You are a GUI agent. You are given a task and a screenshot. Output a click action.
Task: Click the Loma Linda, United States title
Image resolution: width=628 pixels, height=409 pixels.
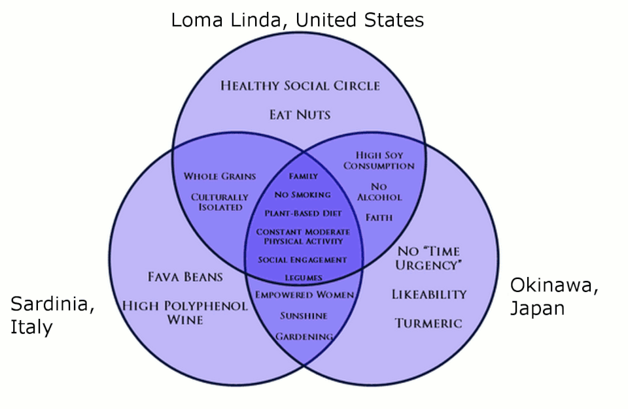pos(297,20)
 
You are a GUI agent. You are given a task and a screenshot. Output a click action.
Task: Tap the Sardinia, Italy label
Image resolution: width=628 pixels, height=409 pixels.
pos(52,316)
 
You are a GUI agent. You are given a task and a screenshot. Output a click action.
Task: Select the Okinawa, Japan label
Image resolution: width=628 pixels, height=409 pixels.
pos(554,297)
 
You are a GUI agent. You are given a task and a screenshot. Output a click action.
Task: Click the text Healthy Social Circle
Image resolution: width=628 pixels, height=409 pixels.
pos(300,86)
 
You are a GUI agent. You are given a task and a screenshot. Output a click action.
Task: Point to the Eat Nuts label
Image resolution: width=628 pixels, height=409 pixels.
pos(300,115)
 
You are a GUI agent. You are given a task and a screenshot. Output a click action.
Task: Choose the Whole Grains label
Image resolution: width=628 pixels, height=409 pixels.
pos(220,176)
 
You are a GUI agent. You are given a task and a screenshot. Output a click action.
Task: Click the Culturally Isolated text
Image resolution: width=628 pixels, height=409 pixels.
pos(220,202)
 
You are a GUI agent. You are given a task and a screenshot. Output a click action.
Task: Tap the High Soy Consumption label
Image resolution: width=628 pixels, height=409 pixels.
pos(379,161)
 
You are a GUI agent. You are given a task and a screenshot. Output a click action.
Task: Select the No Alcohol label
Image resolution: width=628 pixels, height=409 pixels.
pos(379,192)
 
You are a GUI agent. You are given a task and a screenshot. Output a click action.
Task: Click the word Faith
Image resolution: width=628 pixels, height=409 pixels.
pos(379,218)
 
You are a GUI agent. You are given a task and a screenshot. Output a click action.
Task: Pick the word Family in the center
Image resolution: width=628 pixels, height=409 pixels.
pos(303,176)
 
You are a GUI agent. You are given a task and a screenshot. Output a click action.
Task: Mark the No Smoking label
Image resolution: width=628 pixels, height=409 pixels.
pos(303,195)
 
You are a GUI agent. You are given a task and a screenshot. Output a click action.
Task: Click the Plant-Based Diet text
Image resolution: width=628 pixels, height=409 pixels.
pos(303,213)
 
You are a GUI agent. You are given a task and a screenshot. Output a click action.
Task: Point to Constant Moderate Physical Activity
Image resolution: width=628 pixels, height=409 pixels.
pos(303,237)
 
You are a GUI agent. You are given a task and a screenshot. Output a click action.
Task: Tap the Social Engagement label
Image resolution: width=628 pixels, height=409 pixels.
pos(302,260)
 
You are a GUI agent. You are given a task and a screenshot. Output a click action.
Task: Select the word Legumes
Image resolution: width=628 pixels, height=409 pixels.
pos(303,278)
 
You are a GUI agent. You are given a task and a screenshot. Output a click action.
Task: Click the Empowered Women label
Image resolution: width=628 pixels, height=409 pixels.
pos(304,295)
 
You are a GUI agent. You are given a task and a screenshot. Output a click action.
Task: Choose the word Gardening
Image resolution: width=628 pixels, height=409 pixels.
pos(304,336)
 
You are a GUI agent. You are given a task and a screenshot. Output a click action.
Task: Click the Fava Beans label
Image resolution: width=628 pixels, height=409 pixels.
pos(185,277)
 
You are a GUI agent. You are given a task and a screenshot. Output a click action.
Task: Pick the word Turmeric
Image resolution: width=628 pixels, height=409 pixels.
pos(428,323)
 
